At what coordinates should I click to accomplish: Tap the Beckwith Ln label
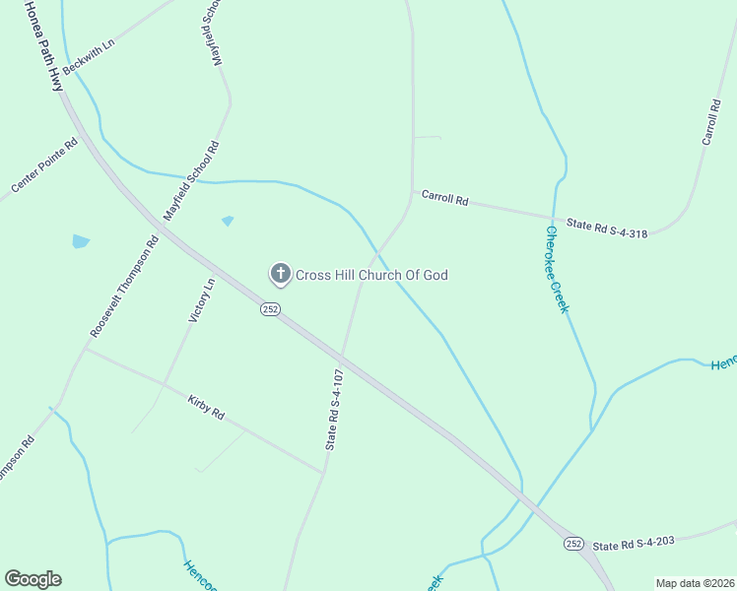click(x=89, y=57)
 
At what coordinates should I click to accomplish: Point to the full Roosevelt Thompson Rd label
click(x=124, y=287)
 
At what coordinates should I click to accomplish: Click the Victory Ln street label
click(x=201, y=300)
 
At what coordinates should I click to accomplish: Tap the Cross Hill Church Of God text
click(x=372, y=275)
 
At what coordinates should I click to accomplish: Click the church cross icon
click(x=280, y=274)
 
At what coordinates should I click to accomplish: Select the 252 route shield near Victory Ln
click(x=271, y=309)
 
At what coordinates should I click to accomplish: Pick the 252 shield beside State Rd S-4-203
click(x=573, y=544)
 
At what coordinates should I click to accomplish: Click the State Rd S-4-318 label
click(x=607, y=227)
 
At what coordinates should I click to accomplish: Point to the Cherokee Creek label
click(x=557, y=270)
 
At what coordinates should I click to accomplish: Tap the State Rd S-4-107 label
click(x=335, y=410)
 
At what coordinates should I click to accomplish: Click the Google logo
click(x=33, y=579)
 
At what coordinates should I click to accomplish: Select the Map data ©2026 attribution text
click(x=694, y=583)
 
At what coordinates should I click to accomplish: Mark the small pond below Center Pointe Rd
click(x=81, y=240)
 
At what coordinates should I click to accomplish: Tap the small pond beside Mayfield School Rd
click(x=229, y=221)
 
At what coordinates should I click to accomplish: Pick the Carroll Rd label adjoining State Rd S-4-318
click(x=444, y=197)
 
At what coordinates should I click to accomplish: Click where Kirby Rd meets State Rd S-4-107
click(x=323, y=473)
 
